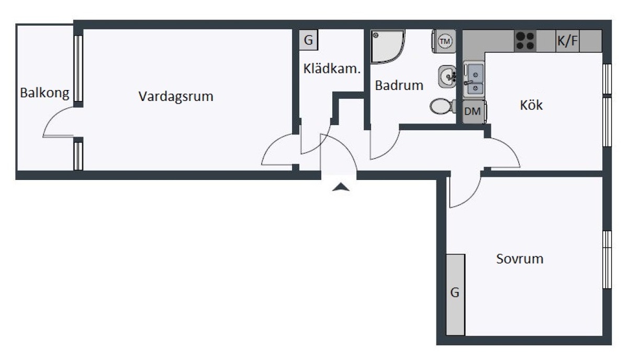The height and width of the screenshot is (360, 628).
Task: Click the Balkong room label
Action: [x=44, y=93]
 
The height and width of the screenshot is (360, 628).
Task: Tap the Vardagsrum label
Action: [x=176, y=96]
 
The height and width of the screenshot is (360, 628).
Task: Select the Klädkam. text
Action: [x=332, y=69]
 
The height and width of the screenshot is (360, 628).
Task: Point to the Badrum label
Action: [x=399, y=85]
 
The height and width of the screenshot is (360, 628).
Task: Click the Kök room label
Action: [x=531, y=105]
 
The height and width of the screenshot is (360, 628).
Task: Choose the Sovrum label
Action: [x=520, y=259]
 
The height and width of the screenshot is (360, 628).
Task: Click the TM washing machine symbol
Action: [x=444, y=41]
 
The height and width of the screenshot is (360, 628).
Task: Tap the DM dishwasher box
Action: [x=474, y=111]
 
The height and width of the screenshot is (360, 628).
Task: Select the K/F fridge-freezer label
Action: [x=567, y=41]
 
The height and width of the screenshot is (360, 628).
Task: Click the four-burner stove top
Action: [x=525, y=41]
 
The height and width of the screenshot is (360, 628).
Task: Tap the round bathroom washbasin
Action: [x=447, y=76]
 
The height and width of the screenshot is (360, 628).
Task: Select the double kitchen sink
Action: [x=474, y=80]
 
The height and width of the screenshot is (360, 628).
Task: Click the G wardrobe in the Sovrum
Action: [x=455, y=295]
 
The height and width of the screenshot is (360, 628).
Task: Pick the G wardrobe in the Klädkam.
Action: [x=308, y=40]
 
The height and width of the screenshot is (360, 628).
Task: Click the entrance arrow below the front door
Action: [x=341, y=187]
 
